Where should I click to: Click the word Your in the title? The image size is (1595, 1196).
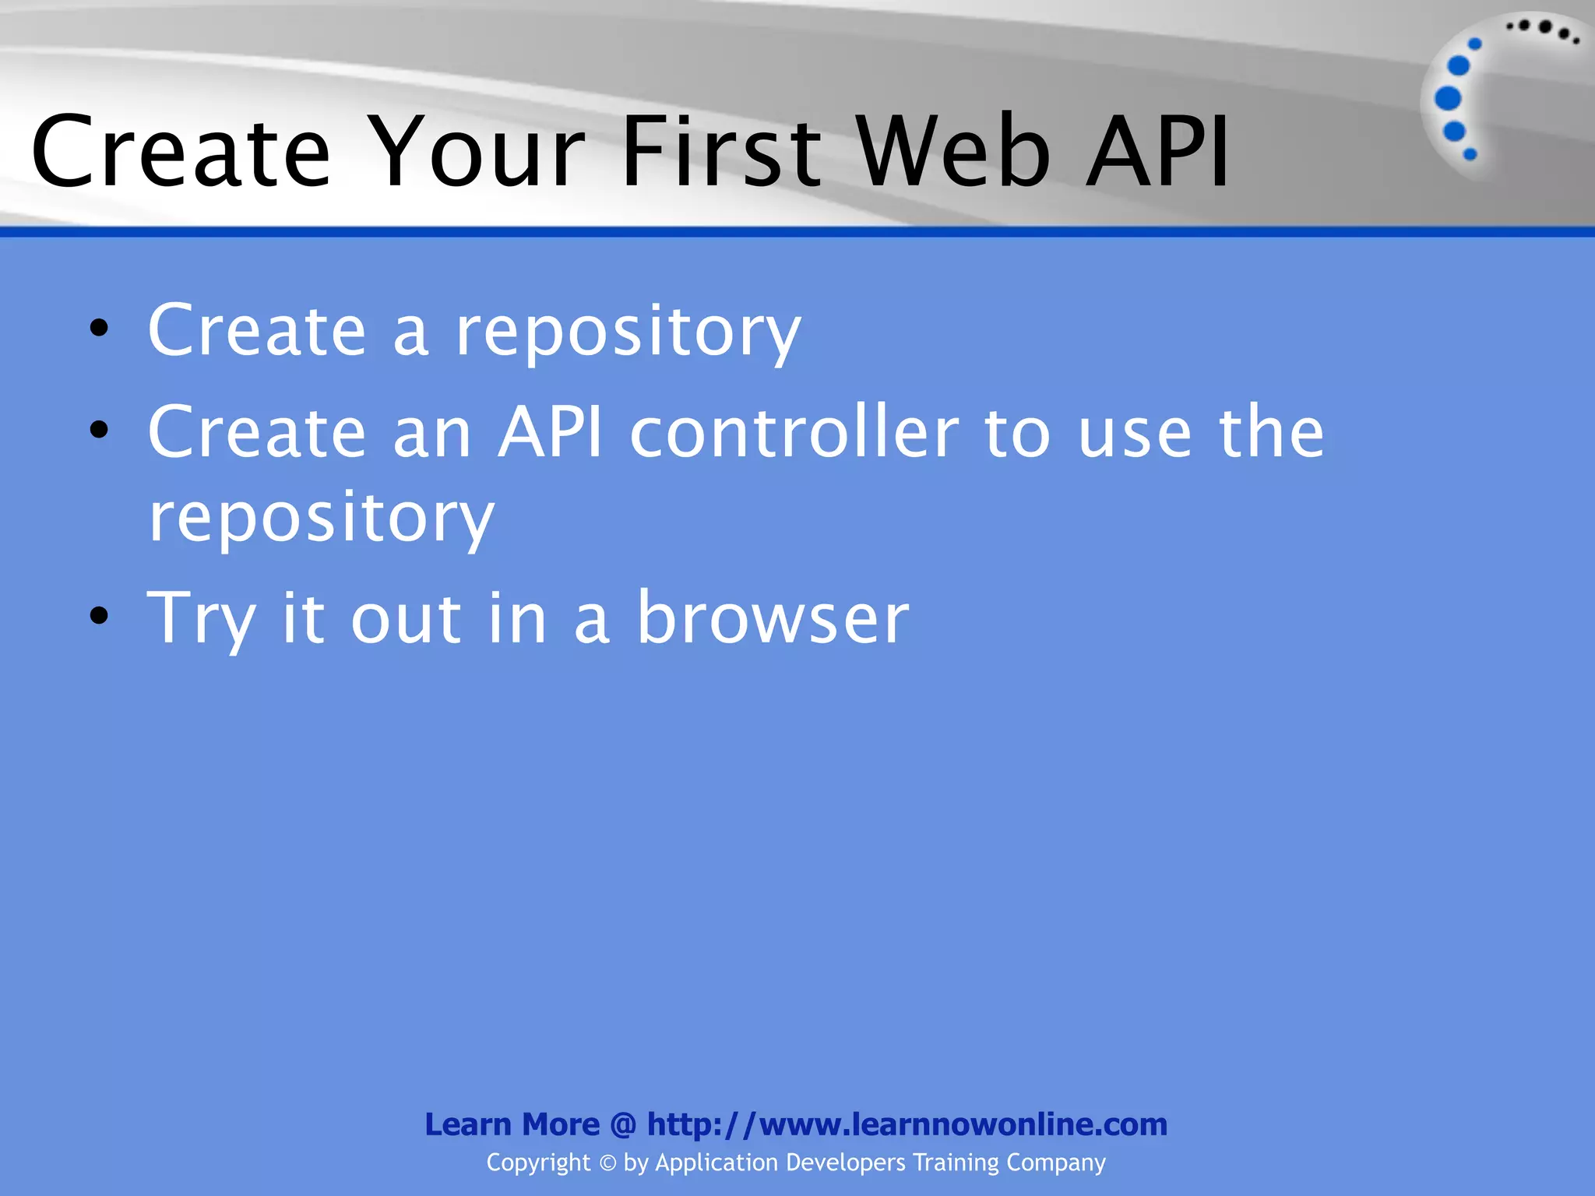coord(477,152)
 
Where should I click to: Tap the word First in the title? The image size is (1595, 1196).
coord(721,152)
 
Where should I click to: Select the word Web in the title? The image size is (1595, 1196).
coord(955,152)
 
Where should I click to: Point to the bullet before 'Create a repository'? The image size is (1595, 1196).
coord(99,329)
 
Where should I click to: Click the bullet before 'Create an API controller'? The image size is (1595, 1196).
coord(99,430)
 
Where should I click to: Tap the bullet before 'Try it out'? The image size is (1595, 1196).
coord(99,616)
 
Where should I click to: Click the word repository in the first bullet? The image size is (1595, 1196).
coord(628,333)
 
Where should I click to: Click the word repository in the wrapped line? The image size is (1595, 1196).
coord(321,519)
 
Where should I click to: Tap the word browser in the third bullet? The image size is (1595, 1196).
coord(773,618)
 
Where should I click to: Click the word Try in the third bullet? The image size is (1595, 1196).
coord(201,620)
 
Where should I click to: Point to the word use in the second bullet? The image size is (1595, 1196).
coord(1135,434)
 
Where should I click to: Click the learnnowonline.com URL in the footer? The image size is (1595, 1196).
coord(907,1124)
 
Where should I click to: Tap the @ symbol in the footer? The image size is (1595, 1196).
coord(623,1124)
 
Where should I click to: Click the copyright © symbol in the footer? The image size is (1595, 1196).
coord(607,1163)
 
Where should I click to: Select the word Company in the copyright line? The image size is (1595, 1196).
coord(1055,1163)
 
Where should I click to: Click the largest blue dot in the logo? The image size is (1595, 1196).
coord(1448,99)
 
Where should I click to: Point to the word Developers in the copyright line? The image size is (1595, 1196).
coord(846,1163)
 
